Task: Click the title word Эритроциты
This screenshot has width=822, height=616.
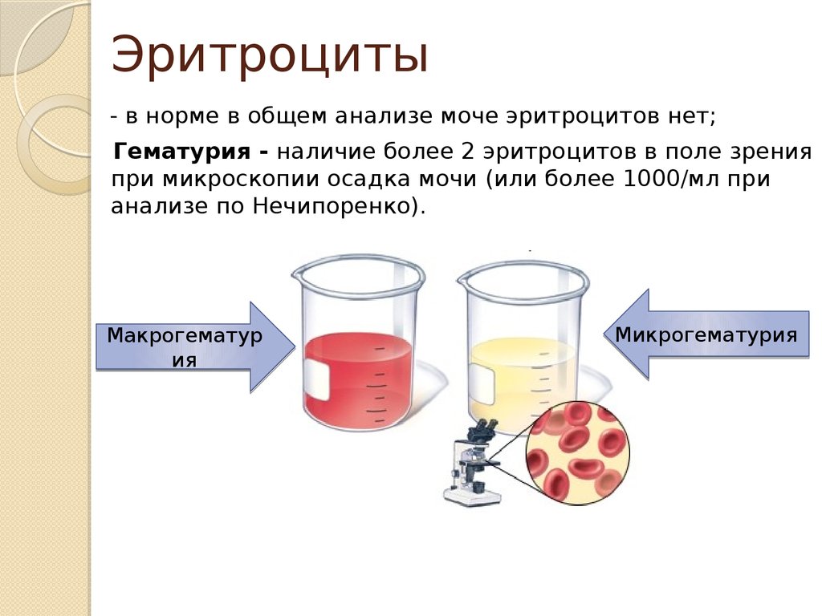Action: tap(270, 55)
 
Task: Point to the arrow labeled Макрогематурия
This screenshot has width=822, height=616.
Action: tap(195, 347)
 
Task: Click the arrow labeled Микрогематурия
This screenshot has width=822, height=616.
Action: tap(706, 334)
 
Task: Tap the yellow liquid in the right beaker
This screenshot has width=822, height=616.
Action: tap(523, 377)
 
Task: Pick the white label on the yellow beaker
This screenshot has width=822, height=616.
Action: tap(482, 384)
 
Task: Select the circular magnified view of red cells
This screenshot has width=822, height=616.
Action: tap(577, 453)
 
